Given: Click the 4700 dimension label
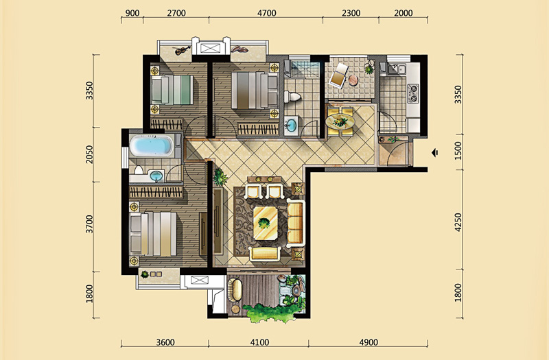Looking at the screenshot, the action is click(x=267, y=13).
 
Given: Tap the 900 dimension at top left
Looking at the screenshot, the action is click(x=132, y=13).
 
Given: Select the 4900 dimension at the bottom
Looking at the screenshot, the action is click(x=369, y=342).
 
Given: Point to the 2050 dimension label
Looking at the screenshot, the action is click(x=90, y=154).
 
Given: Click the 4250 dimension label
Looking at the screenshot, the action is click(x=458, y=222).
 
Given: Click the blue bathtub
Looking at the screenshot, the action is click(x=151, y=146).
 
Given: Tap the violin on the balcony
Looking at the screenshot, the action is click(x=183, y=50).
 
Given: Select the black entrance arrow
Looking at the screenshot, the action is click(x=435, y=153).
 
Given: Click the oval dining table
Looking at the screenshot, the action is click(x=340, y=122).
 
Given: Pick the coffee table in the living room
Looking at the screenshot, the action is click(x=266, y=223).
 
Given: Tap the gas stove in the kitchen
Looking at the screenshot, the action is click(x=413, y=93).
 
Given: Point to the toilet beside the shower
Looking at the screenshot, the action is click(x=293, y=97).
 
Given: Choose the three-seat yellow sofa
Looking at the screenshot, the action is click(x=295, y=221).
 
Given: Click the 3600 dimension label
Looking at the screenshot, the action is click(x=165, y=342).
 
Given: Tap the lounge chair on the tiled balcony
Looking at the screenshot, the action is click(x=339, y=75).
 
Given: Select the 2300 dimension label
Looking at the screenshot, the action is click(x=351, y=13).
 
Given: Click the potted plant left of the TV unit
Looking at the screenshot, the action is click(x=220, y=177).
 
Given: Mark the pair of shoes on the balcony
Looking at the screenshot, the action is click(x=240, y=49).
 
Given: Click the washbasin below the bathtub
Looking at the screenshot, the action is click(x=156, y=176).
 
